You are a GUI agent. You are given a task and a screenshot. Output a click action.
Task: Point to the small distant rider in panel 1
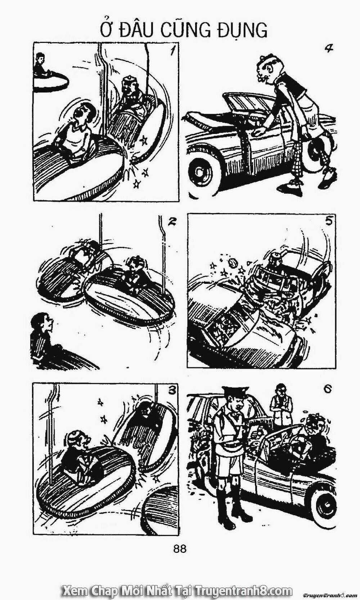pos(41,66)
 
